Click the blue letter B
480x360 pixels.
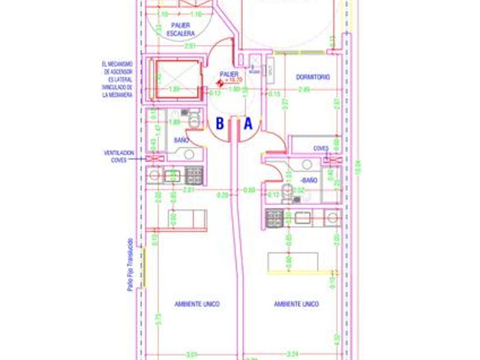click(220, 123)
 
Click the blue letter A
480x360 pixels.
click(248, 123)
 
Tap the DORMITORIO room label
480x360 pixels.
click(313, 77)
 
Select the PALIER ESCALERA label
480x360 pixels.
click(181, 30)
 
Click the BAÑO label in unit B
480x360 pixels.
click(182, 140)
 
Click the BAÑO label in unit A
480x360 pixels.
click(309, 181)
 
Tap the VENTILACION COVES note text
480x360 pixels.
click(119, 157)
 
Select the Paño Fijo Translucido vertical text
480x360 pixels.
click(130, 265)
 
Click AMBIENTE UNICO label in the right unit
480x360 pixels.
click(296, 304)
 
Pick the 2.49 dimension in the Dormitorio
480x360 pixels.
click(303, 89)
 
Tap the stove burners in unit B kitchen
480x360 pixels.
click(194, 175)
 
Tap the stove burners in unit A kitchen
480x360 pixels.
click(275, 217)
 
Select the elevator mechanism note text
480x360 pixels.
click(118, 79)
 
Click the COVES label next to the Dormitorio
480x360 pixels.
click(321, 148)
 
